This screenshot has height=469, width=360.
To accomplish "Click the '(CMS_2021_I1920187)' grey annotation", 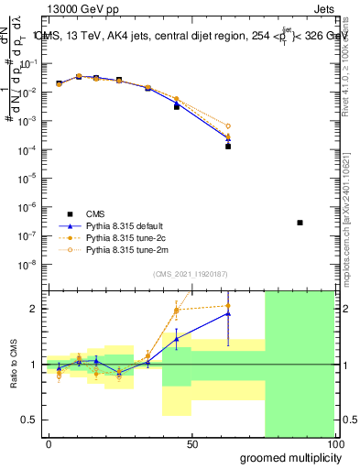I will point(191,273).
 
